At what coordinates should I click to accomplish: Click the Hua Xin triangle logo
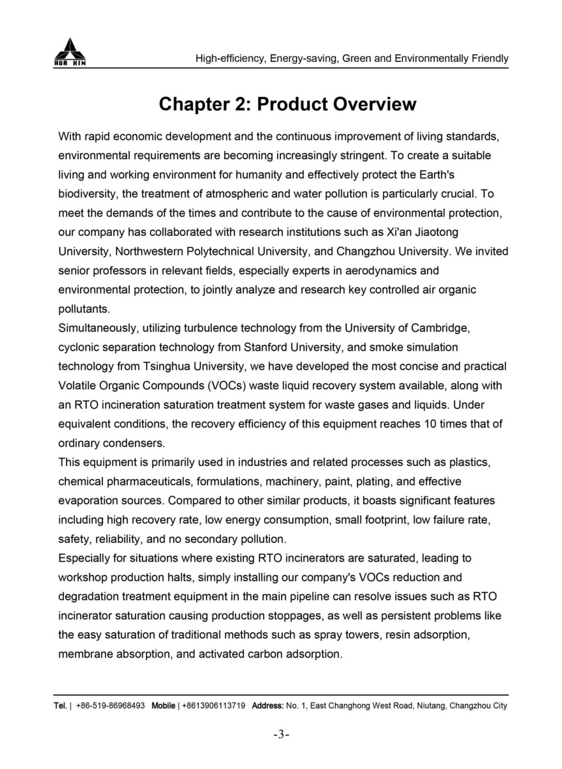(70, 52)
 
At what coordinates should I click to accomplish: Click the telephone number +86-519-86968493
(110, 705)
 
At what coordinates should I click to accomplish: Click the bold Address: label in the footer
(268, 705)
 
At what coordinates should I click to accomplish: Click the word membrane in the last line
(85, 654)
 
